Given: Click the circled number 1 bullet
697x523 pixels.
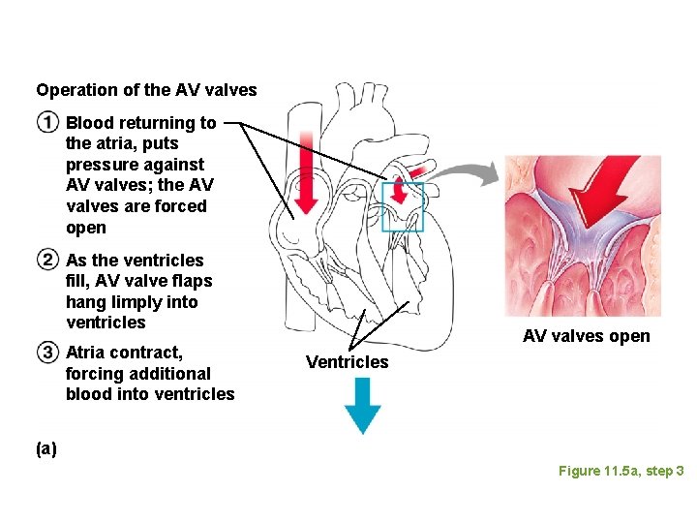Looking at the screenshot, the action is [x=47, y=123].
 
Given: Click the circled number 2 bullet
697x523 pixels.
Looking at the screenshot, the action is [x=47, y=260].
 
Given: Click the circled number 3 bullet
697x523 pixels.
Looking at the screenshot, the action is [x=47, y=352].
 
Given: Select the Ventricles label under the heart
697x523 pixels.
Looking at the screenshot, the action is [x=347, y=362].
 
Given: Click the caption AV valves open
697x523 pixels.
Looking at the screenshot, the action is [x=586, y=337].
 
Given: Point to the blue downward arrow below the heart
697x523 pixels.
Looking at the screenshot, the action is [x=363, y=404].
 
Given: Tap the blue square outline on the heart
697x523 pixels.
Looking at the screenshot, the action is [x=403, y=206].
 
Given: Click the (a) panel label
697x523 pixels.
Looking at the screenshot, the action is [x=46, y=448].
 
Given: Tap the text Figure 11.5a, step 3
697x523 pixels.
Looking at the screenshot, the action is [x=621, y=471].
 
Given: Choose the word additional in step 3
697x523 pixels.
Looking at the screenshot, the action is [x=163, y=373].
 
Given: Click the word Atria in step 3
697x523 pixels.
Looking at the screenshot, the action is [x=84, y=352].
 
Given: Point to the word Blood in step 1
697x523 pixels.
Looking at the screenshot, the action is [x=88, y=123].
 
